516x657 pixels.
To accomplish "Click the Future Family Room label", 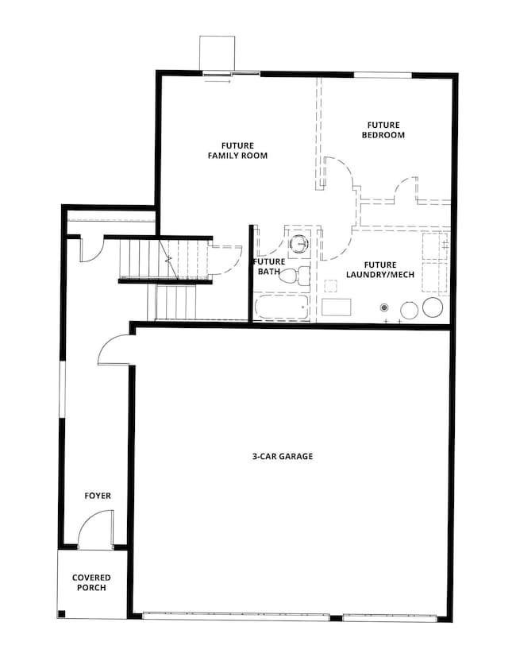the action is tap(237, 151).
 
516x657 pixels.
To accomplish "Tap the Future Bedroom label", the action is tap(383, 130).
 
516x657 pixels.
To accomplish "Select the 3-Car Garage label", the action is tap(283, 456).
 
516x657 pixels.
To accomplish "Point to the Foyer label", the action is tap(98, 496).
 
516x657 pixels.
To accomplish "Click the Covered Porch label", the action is tap(91, 582).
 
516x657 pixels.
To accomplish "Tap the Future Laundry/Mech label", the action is tap(380, 270).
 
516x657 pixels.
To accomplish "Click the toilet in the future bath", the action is tap(295, 276).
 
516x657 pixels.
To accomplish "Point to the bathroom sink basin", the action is tap(300, 243).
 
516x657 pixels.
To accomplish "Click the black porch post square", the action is tap(62, 614).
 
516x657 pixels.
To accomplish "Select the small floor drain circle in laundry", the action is tap(383, 308).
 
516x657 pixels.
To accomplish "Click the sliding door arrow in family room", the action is tap(218, 82).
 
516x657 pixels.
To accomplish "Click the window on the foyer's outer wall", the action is tap(62, 389).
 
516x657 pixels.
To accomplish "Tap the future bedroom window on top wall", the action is tap(383, 75).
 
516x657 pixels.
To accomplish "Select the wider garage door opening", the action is tap(237, 616).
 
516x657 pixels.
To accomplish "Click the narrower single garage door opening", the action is tap(390, 617).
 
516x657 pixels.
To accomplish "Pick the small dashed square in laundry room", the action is tap(331, 285).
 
